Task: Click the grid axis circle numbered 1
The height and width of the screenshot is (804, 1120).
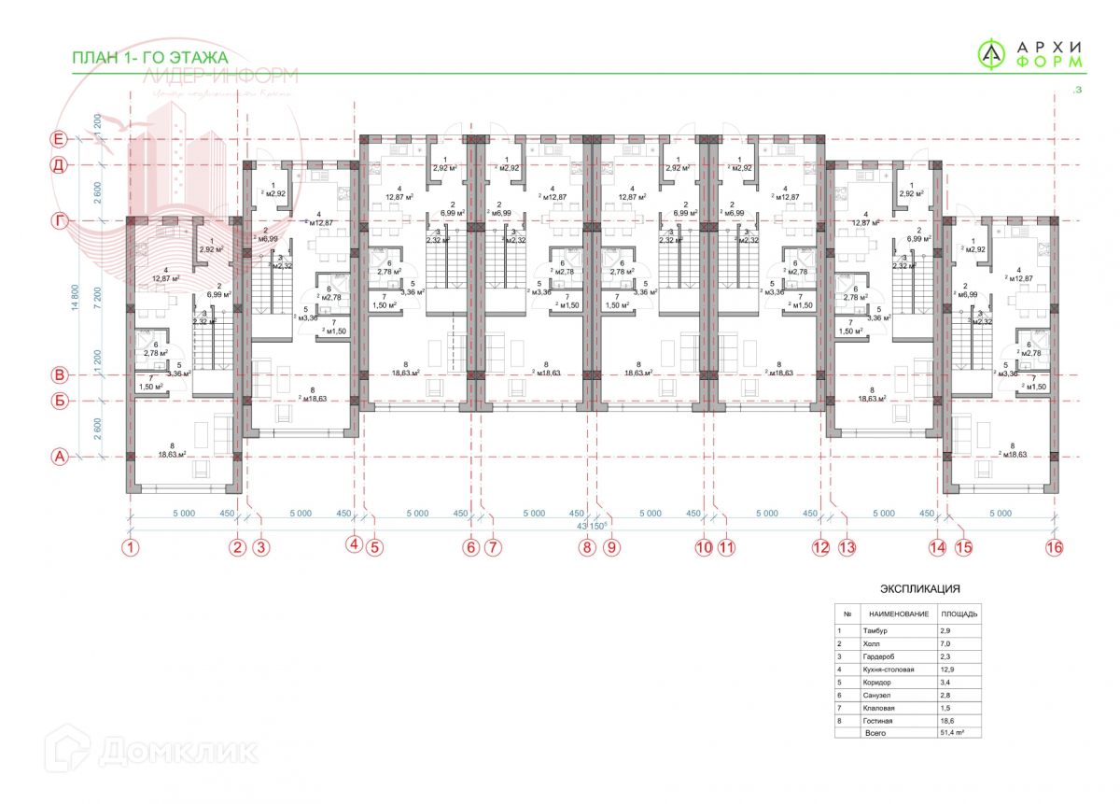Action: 132,548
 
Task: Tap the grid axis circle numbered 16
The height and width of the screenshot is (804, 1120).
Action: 1054,548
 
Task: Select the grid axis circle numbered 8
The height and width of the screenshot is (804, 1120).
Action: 587,548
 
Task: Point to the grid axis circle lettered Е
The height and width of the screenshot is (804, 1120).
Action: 59,139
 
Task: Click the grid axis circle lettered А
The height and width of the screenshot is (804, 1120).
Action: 59,457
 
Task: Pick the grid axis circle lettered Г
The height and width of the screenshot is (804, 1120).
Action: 59,220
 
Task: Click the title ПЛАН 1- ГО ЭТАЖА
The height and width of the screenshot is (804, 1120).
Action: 149,58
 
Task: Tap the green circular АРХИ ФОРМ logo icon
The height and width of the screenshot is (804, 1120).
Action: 992,55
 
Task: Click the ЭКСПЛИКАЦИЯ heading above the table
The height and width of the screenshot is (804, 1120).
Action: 920,589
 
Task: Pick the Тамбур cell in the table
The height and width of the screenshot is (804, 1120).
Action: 879,630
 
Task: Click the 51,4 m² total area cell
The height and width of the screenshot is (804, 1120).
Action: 952,734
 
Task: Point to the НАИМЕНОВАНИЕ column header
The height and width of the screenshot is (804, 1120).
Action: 898,614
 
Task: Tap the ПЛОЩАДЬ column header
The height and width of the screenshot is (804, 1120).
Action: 959,614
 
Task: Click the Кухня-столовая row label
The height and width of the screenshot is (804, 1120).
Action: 889,670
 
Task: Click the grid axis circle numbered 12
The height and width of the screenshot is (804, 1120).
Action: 821,548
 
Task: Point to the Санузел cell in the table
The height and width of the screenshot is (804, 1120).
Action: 880,696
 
